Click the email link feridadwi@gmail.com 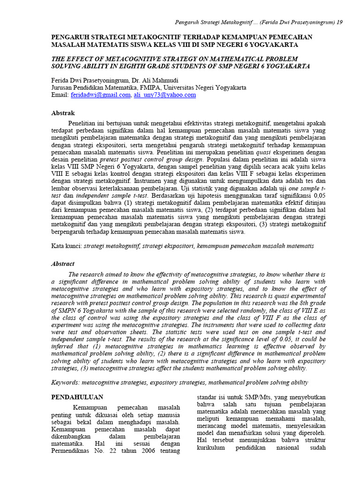100,95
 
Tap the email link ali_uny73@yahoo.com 165,95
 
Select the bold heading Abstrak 62,113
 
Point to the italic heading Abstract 62,264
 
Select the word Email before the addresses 60,95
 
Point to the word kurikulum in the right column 212,448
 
